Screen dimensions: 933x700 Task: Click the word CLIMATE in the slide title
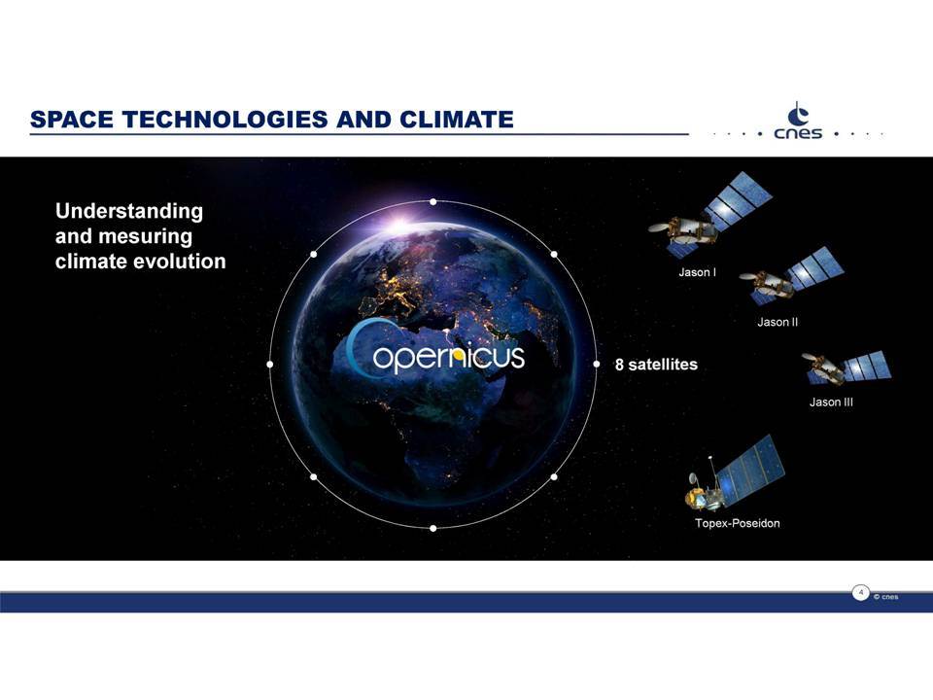[x=457, y=119]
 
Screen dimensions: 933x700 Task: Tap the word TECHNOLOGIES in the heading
[x=225, y=119]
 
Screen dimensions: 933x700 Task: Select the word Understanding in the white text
[x=129, y=211]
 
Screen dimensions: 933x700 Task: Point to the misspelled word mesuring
[x=145, y=236]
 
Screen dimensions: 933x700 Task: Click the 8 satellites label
[x=656, y=365]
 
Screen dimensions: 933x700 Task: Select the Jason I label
[x=697, y=272]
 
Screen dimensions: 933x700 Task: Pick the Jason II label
[x=777, y=322]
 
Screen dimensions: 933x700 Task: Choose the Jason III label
[x=831, y=402]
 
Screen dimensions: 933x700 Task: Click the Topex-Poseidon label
[x=737, y=523]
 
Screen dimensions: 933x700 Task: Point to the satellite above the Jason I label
[x=708, y=215]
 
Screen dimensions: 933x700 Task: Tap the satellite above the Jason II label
[x=791, y=275]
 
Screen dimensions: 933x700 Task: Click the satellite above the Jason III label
[x=847, y=367]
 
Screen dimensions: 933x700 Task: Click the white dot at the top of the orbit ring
[x=433, y=202]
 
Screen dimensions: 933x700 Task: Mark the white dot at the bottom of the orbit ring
[x=433, y=528]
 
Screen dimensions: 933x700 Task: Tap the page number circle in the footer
[x=860, y=593]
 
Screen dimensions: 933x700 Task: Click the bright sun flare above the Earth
[x=399, y=225]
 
